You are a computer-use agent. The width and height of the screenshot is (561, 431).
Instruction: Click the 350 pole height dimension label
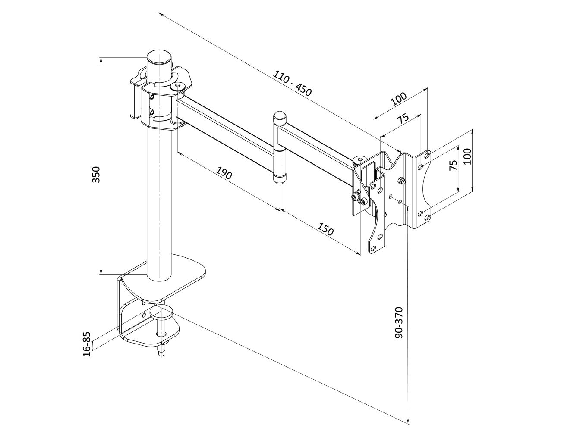(96, 174)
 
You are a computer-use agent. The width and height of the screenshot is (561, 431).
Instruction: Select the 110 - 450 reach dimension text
(293, 83)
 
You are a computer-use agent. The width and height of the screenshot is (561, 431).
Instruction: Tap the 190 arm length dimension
(224, 173)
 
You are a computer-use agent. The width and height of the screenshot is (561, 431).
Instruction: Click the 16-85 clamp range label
(87, 344)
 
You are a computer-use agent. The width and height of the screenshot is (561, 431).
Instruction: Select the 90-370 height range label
(399, 323)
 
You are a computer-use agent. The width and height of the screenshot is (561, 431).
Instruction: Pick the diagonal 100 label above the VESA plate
(399, 99)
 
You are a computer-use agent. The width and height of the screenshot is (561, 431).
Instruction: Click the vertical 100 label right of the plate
(467, 156)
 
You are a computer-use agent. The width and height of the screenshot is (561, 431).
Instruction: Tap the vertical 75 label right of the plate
(454, 165)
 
